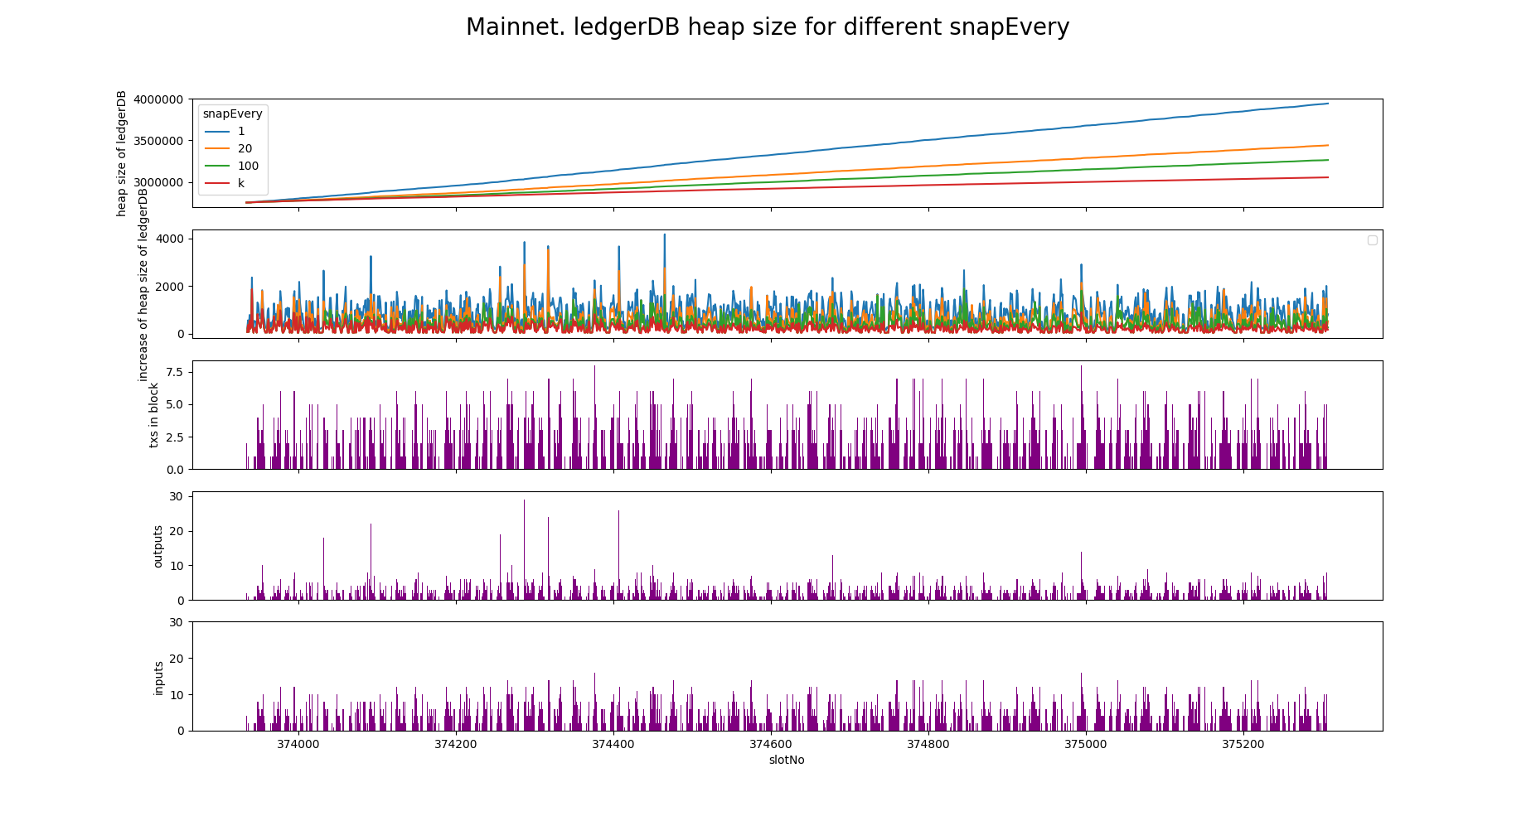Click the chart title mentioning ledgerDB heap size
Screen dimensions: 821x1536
(768, 27)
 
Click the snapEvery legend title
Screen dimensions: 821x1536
(232, 114)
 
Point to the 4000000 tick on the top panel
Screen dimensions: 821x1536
(157, 99)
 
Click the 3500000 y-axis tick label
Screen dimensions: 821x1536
(157, 141)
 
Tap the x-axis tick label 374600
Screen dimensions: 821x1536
(771, 744)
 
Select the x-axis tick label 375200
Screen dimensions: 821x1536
(1243, 744)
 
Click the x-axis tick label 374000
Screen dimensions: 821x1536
(298, 744)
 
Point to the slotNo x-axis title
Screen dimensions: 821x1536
(787, 760)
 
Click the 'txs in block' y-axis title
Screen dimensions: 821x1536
(154, 415)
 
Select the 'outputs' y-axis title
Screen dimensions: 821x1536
(158, 546)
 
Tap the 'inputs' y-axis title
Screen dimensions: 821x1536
(158, 678)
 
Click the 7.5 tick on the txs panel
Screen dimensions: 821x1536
(174, 372)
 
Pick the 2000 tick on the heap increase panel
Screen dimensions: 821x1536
(172, 287)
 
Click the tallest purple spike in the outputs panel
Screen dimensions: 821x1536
(524, 500)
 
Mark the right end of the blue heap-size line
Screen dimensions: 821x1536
(1328, 104)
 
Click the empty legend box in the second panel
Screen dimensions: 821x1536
(1372, 240)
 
